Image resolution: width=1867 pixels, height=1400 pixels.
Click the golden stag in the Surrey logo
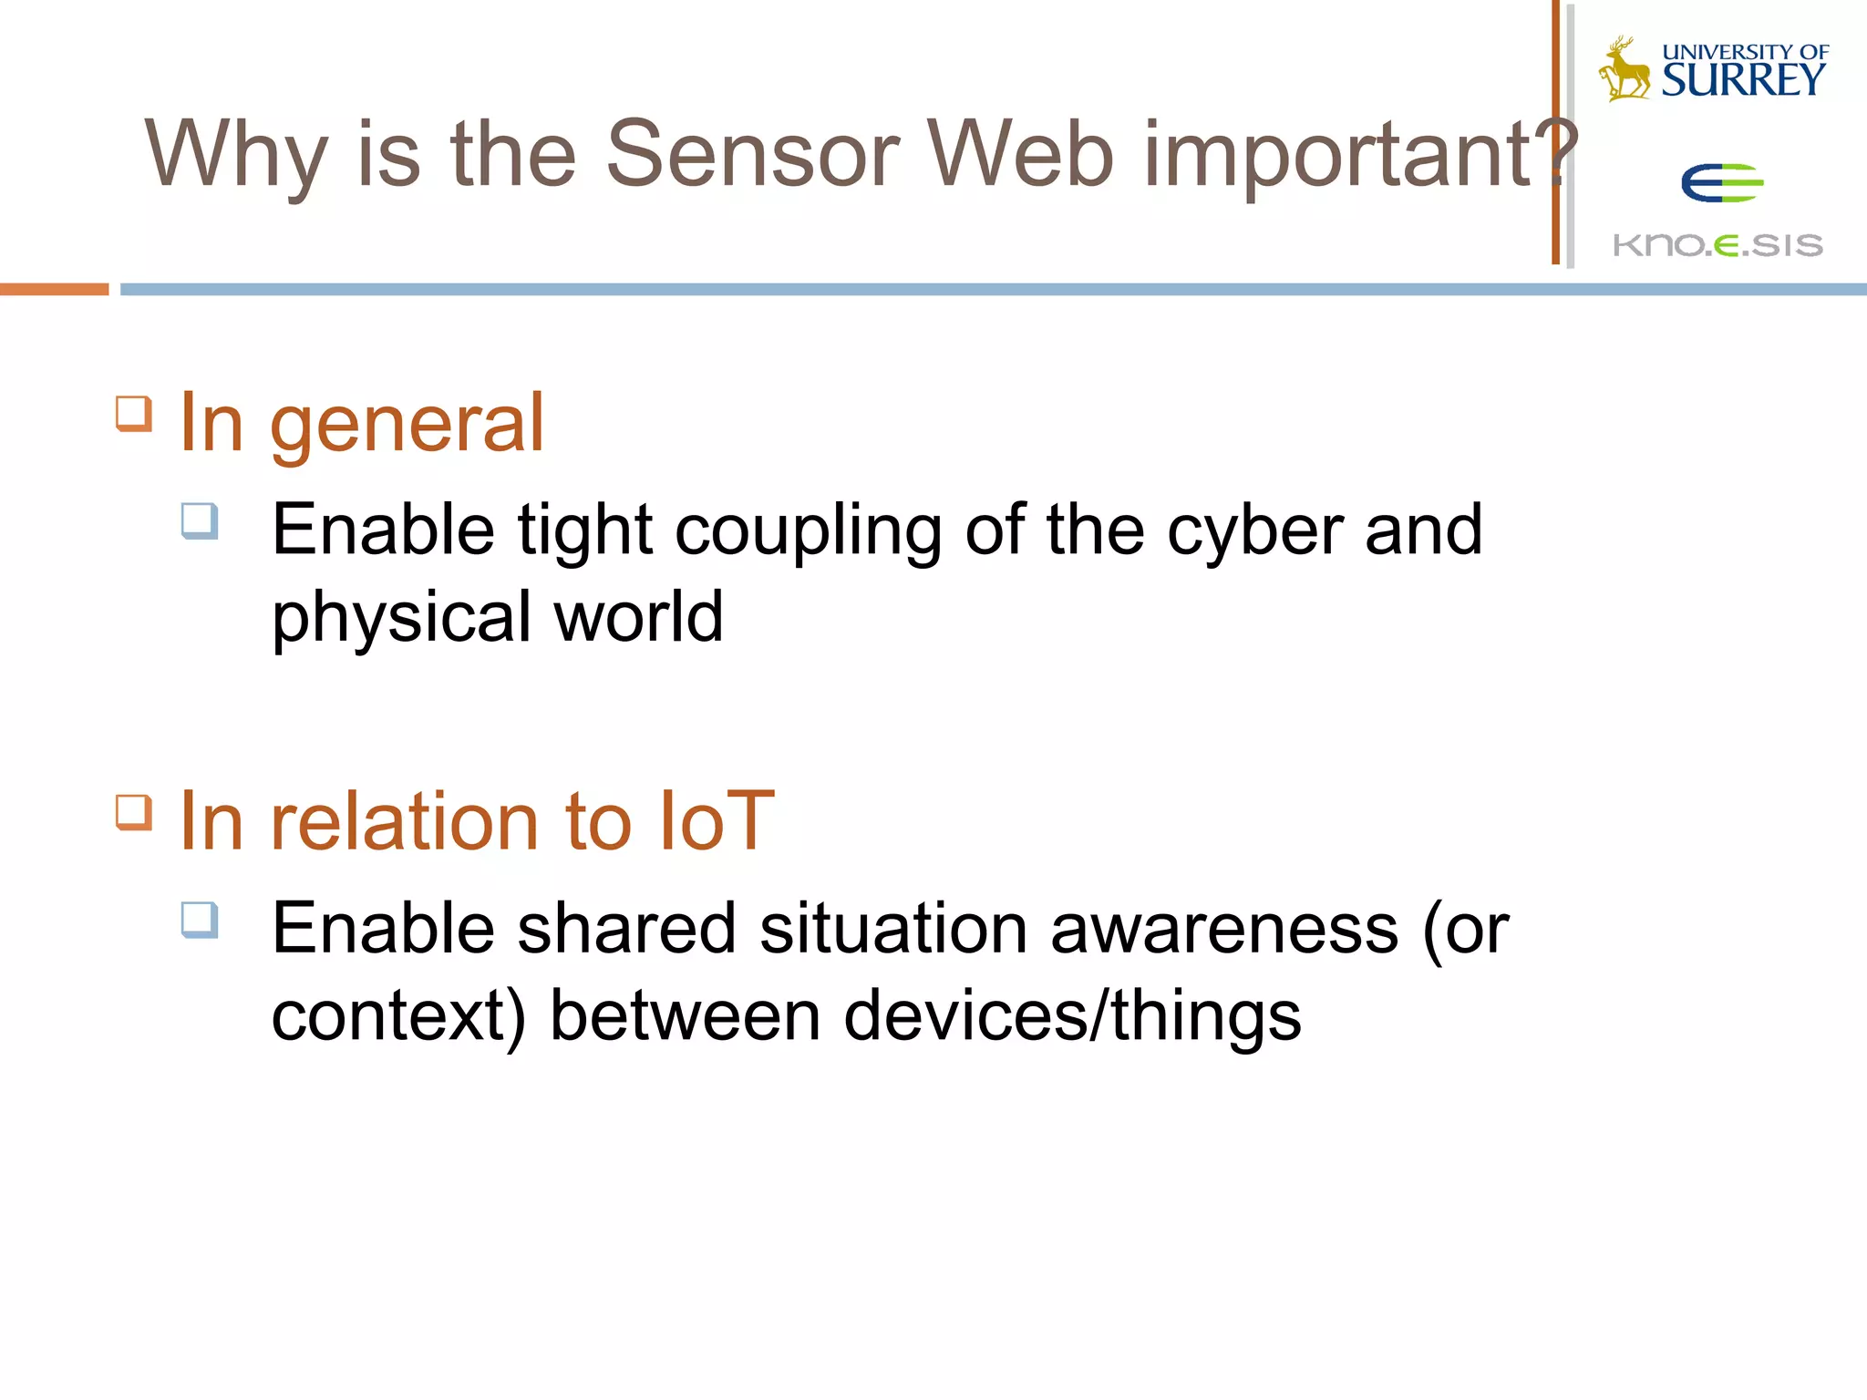click(1625, 69)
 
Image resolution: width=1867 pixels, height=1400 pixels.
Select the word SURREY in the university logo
click(1743, 80)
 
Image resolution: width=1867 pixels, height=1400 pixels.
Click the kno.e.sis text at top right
click(1717, 245)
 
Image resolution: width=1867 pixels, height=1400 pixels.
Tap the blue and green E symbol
click(1722, 183)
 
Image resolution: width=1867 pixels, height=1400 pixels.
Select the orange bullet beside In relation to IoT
click(134, 812)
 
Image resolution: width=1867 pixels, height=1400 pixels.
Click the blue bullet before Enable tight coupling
click(200, 521)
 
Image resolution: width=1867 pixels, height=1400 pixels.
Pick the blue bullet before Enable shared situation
click(200, 920)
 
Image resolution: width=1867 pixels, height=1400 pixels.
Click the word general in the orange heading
click(407, 425)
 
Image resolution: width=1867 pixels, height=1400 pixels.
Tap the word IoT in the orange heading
click(716, 822)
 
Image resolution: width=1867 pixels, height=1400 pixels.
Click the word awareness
click(1223, 930)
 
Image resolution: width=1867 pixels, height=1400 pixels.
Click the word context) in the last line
click(399, 1017)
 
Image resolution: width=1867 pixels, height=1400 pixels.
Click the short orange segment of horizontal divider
click(54, 289)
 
